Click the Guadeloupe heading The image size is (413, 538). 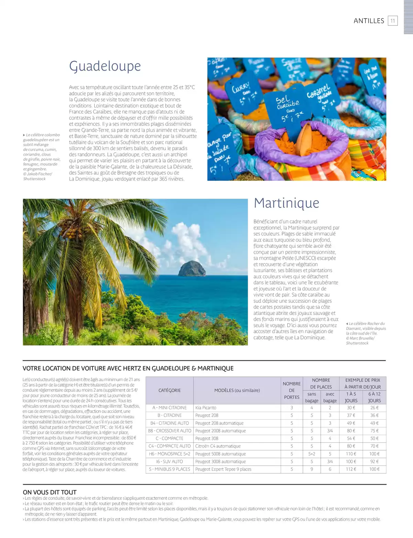click(105, 66)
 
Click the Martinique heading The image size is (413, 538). click(286, 203)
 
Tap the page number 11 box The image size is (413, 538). click(393, 21)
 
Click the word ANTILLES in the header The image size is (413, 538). click(369, 21)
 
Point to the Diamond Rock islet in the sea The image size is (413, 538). click(192, 268)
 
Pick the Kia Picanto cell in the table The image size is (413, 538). click(206, 408)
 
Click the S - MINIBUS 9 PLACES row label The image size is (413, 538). click(169, 469)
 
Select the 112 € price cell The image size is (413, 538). click(351, 469)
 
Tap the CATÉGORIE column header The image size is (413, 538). click(169, 390)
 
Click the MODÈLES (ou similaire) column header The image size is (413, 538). click(237, 390)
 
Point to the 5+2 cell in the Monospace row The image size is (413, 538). click(312, 454)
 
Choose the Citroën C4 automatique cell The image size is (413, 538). click(218, 446)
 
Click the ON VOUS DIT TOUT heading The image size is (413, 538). click(50, 492)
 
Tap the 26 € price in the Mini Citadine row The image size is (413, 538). click(374, 408)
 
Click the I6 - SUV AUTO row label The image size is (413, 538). click(169, 462)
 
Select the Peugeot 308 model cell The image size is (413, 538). click(207, 439)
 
